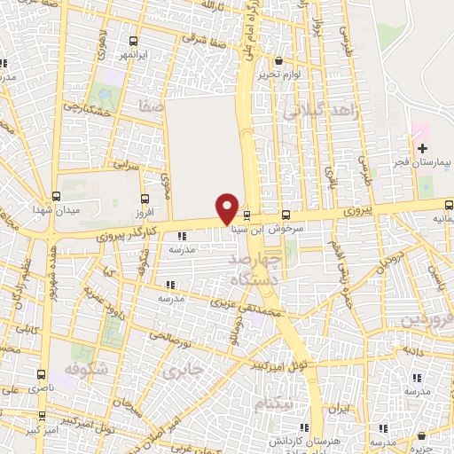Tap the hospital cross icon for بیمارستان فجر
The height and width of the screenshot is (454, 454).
(x=423, y=147)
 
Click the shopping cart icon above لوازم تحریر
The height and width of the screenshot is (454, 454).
(x=279, y=61)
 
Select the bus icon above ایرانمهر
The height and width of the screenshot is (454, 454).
(x=133, y=41)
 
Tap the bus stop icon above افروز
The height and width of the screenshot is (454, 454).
(x=145, y=199)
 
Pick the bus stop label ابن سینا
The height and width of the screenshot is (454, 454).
(x=246, y=228)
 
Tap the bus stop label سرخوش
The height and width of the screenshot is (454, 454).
(x=286, y=228)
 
